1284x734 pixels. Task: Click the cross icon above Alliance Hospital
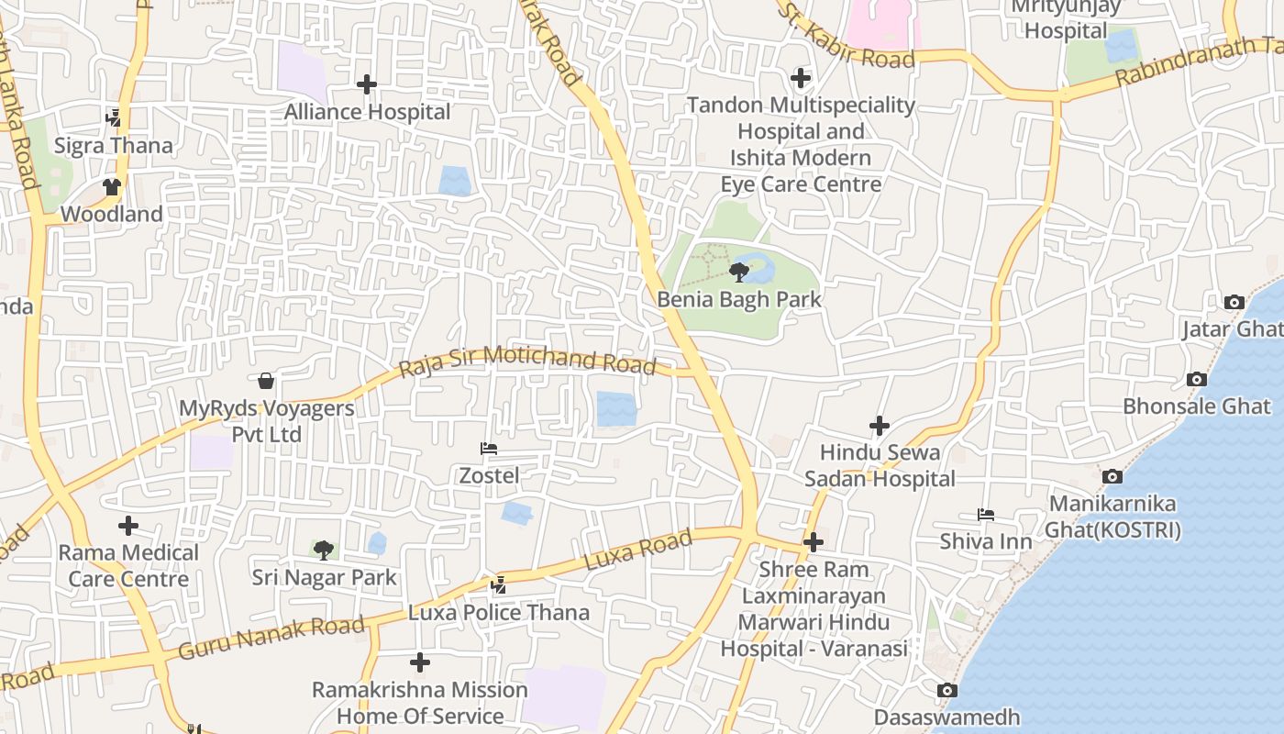click(367, 84)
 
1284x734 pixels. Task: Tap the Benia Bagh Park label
click(739, 299)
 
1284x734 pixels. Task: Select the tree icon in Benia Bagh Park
click(738, 272)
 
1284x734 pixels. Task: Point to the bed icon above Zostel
click(489, 449)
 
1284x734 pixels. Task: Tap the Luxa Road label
click(638, 550)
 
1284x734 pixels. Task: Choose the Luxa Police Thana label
click(499, 612)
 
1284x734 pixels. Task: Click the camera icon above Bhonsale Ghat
click(1196, 379)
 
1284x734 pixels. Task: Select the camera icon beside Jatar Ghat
click(1234, 302)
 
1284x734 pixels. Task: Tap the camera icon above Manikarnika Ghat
click(1112, 476)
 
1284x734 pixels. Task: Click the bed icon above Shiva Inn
click(986, 515)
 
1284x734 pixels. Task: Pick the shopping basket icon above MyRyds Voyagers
click(266, 380)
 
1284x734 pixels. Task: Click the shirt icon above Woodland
click(112, 187)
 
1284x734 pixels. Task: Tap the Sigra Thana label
click(114, 145)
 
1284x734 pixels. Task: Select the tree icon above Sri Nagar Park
click(323, 550)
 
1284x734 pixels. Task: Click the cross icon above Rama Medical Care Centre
click(128, 526)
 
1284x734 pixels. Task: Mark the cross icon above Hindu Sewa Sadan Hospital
click(880, 426)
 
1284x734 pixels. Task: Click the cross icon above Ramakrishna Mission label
click(420, 662)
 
